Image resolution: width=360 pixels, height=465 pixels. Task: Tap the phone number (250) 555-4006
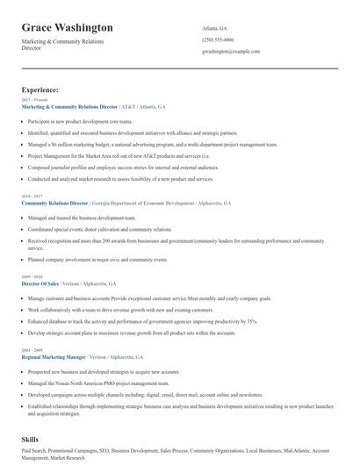click(218, 39)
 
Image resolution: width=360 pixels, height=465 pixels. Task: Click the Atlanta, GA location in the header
click(214, 27)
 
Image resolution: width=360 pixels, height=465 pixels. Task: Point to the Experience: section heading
click(40, 89)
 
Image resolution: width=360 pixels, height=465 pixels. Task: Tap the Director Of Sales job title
click(40, 284)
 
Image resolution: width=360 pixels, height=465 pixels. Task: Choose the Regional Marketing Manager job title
click(53, 358)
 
